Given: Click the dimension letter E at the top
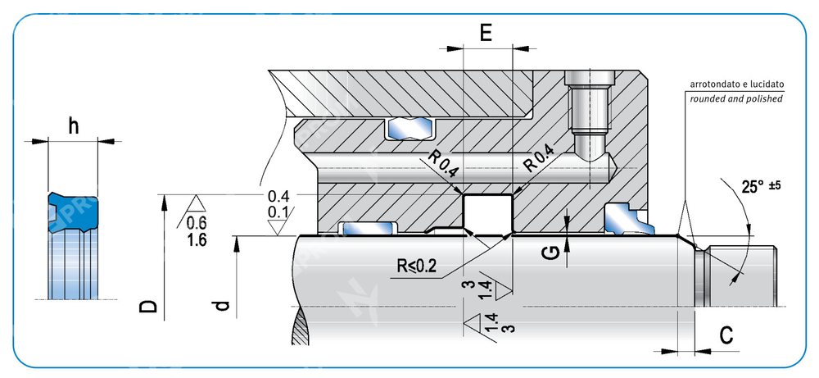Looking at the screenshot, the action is (x=486, y=33).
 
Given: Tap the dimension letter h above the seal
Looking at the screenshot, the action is (x=74, y=125).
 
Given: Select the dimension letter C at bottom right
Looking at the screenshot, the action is (x=726, y=336).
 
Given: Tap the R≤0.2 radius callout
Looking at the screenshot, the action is (x=416, y=266).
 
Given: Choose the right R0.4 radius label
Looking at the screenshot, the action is (x=539, y=157).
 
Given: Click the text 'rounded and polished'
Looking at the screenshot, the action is (x=736, y=98).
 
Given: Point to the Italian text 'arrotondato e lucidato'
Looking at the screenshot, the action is (x=737, y=84).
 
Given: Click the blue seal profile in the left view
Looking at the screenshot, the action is (x=73, y=212).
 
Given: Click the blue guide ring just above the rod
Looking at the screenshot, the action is (x=368, y=228).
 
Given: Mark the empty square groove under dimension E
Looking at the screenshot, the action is (x=488, y=213).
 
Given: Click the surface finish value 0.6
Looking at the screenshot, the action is (x=197, y=223).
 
